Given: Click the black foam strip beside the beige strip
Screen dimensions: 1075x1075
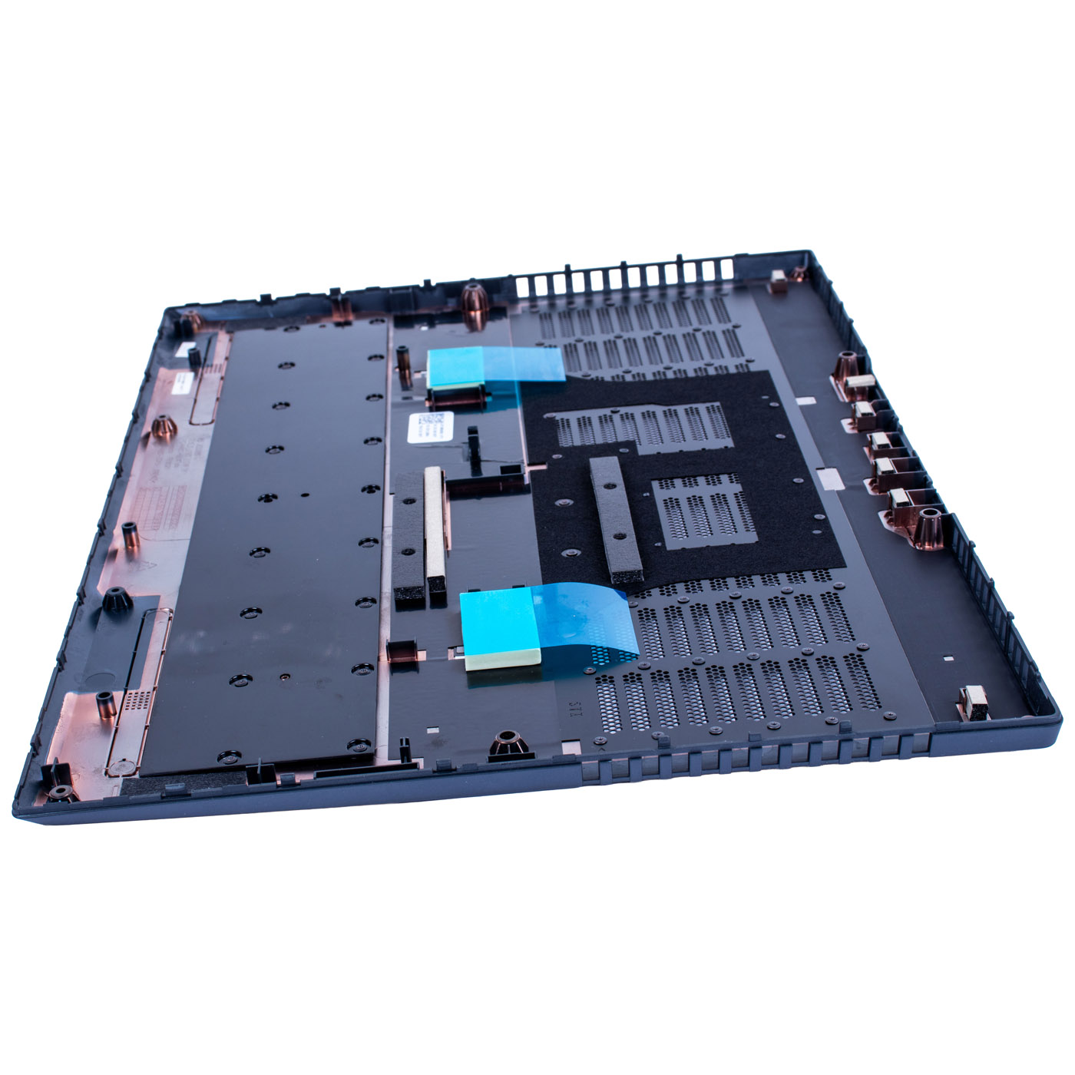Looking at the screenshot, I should (x=409, y=545).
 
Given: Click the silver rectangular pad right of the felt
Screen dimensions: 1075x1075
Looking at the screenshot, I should (x=829, y=479).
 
